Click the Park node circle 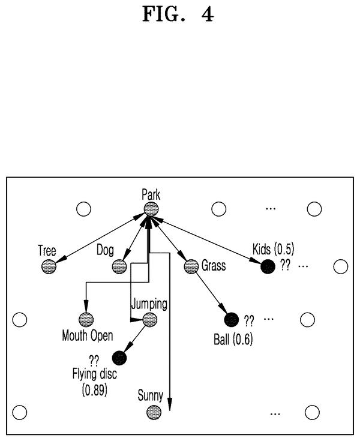(151, 209)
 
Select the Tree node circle (49, 266)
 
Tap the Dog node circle (119, 266)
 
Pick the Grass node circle (191, 266)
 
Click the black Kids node (268, 266)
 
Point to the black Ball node (232, 320)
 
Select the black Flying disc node (119, 358)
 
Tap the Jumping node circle (149, 320)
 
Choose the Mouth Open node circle (86, 319)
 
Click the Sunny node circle (154, 413)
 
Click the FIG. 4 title (178, 14)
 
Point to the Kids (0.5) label (273, 249)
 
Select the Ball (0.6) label (233, 339)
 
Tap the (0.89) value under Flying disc (95, 390)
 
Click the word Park (151, 194)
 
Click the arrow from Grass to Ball (211, 293)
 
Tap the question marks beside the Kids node (285, 265)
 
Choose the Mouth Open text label (88, 336)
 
